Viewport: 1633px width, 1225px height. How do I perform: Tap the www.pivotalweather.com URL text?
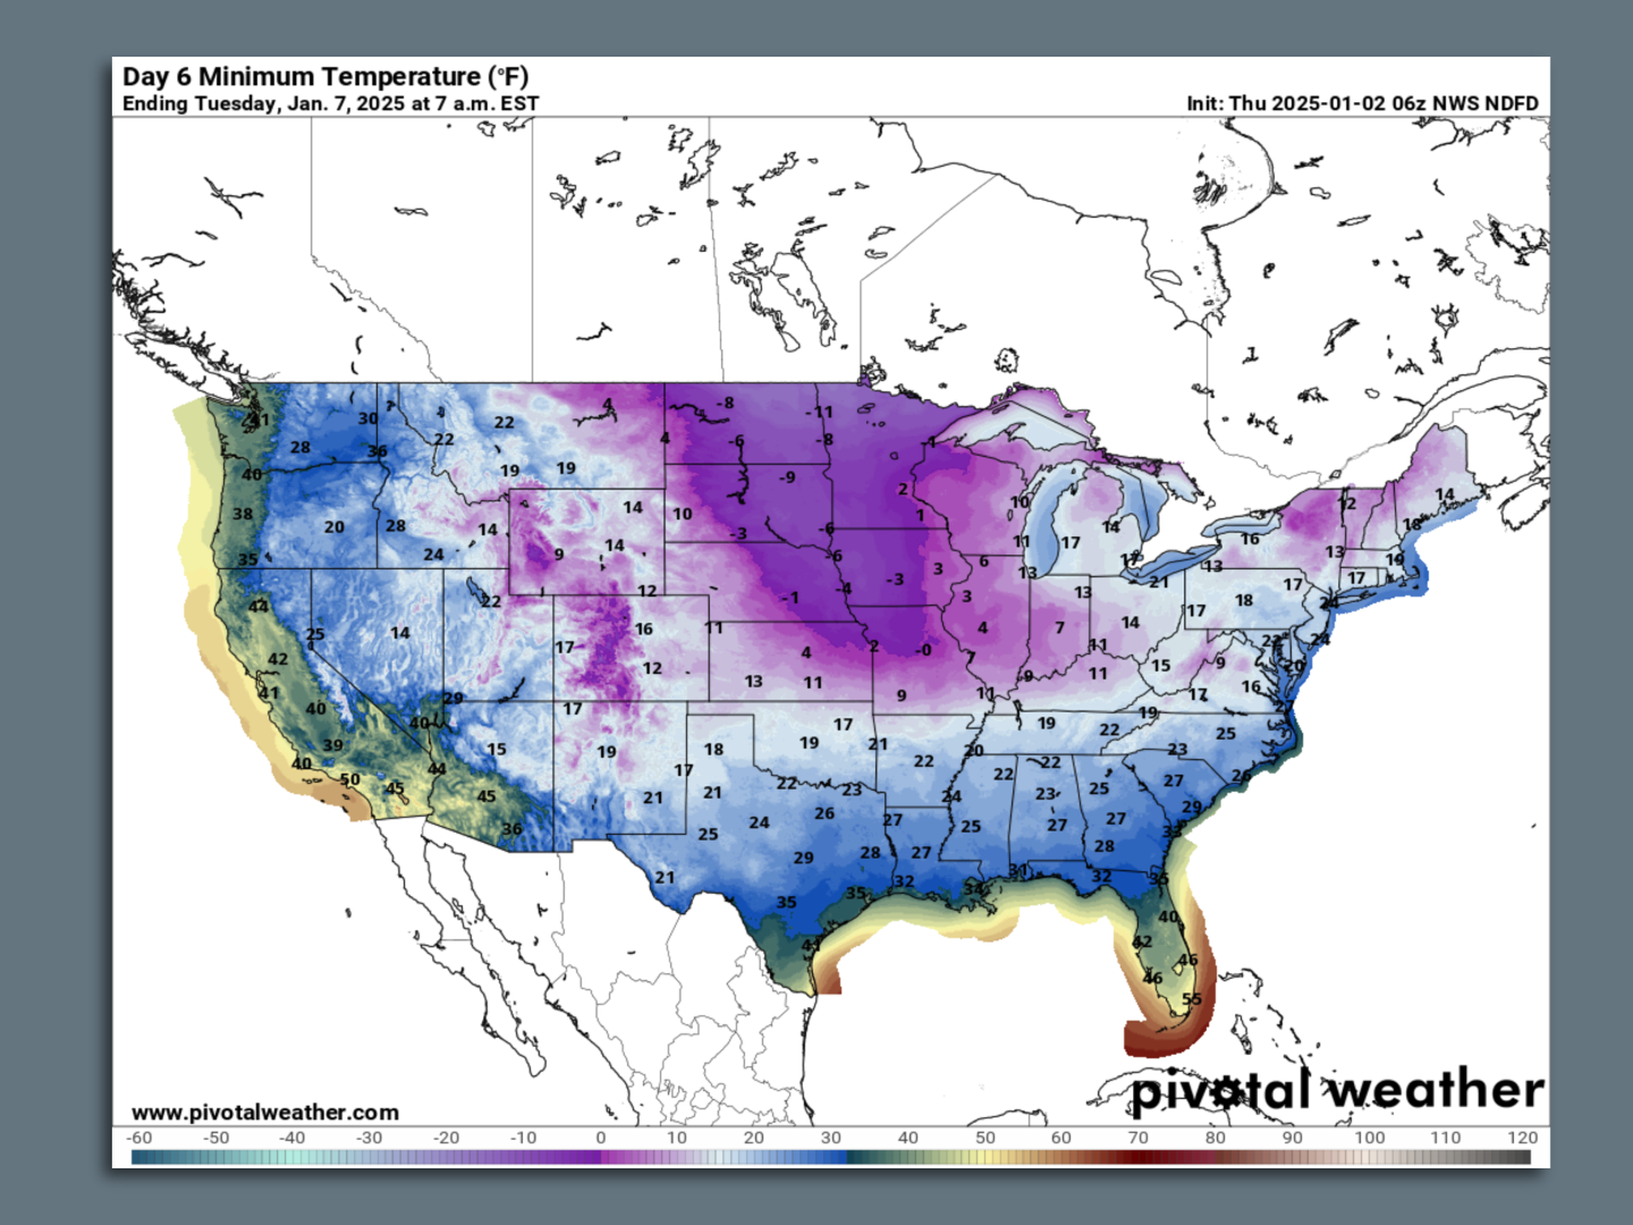[265, 1112]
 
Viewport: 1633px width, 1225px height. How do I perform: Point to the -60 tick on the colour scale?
[139, 1137]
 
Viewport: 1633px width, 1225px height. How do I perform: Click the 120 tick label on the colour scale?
[1522, 1137]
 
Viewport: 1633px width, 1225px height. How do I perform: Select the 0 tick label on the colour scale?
[600, 1137]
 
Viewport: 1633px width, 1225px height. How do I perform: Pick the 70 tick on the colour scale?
[1137, 1137]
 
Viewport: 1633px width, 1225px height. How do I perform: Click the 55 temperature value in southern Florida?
[1192, 999]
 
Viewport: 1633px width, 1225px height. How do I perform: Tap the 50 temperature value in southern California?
[350, 779]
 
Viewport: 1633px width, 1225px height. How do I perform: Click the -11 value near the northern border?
[819, 412]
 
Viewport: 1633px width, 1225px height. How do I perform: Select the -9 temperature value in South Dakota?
[788, 477]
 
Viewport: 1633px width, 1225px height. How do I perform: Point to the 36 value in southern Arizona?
[511, 829]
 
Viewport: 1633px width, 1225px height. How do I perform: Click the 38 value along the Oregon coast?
[242, 514]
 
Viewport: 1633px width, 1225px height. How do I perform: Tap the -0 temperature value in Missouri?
[923, 651]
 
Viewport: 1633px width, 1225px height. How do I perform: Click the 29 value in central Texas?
[803, 857]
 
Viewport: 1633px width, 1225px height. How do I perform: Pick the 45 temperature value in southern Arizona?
[486, 796]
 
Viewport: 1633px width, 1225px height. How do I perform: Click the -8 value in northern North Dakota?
[725, 402]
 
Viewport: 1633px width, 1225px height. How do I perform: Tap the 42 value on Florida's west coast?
[1142, 942]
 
